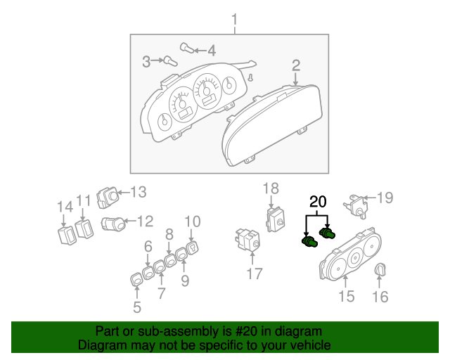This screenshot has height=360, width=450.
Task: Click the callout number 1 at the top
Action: [235, 19]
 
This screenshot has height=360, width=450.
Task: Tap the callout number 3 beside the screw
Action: [146, 62]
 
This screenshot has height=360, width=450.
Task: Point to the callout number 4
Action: [211, 50]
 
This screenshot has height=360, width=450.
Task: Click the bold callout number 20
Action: [318, 202]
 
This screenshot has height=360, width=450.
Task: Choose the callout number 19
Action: [384, 198]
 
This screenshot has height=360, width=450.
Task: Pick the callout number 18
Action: [271, 188]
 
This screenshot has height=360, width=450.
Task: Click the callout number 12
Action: [144, 222]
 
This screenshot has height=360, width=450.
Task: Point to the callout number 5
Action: [137, 307]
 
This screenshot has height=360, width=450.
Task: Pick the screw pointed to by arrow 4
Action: [186, 48]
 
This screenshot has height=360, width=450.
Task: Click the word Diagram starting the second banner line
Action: [98, 345]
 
